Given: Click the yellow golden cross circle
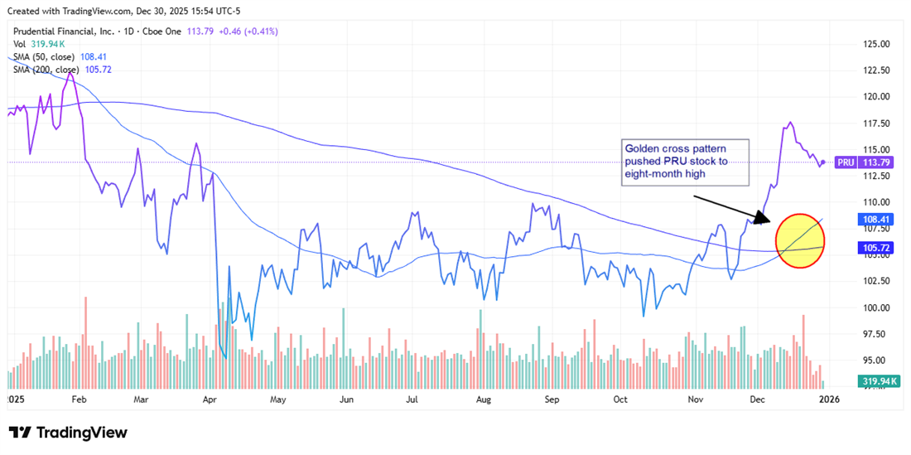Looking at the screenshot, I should [x=800, y=241].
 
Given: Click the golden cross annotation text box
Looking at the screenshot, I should [x=685, y=162].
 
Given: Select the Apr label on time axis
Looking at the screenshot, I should [x=209, y=399].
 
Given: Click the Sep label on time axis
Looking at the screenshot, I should [x=552, y=399].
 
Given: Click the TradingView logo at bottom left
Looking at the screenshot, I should [x=68, y=433].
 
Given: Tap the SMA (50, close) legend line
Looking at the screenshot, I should [x=51, y=57].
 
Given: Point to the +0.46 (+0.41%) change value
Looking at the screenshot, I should [x=244, y=31].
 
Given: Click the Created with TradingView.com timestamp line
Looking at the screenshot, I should [x=123, y=11].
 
